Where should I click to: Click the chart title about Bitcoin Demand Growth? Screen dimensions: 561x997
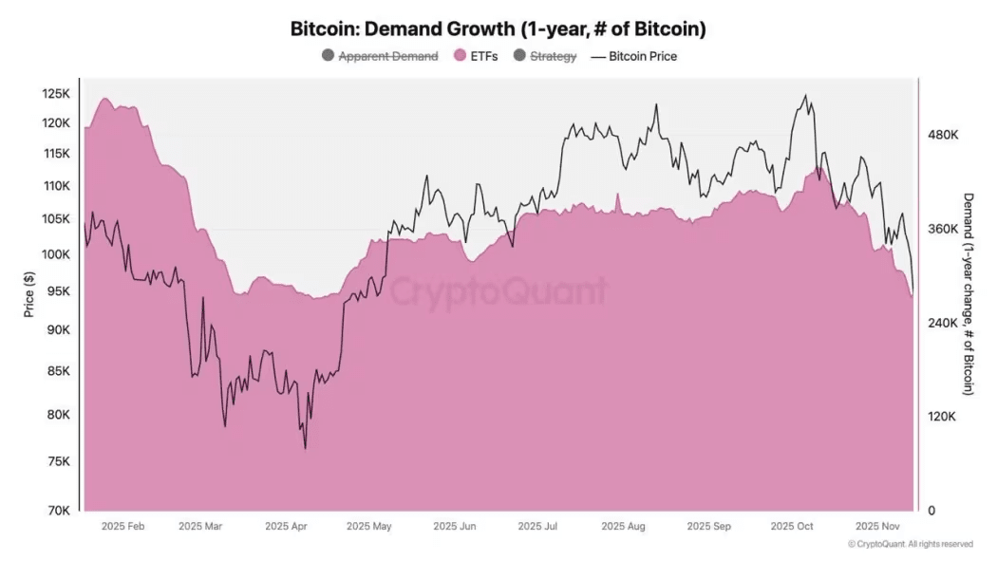(498, 29)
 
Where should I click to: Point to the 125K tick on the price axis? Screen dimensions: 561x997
(56, 93)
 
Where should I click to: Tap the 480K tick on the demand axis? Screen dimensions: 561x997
(943, 136)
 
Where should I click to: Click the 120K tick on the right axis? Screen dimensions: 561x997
(943, 417)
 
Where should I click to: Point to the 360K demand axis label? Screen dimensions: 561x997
(943, 230)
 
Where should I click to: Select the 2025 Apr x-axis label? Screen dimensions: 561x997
(286, 526)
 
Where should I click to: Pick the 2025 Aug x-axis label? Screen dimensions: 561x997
(623, 526)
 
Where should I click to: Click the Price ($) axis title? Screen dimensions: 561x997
(29, 293)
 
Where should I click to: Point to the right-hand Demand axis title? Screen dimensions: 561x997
(969, 293)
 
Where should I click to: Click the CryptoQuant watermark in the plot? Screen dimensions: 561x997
(498, 290)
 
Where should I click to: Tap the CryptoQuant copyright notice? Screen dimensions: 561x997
(910, 544)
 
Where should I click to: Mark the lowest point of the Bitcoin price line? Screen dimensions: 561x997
(305, 448)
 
